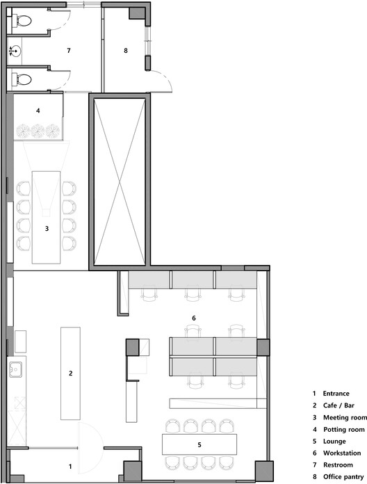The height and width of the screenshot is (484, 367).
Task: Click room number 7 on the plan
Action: [69, 51]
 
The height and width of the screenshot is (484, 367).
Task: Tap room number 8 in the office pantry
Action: [126, 51]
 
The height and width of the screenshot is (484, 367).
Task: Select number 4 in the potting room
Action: [39, 110]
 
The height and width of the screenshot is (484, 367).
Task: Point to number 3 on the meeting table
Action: [47, 227]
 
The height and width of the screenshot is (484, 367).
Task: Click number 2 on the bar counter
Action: [70, 373]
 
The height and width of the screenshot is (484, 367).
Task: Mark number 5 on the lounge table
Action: [199, 444]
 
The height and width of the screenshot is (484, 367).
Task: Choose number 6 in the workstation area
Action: [194, 318]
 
